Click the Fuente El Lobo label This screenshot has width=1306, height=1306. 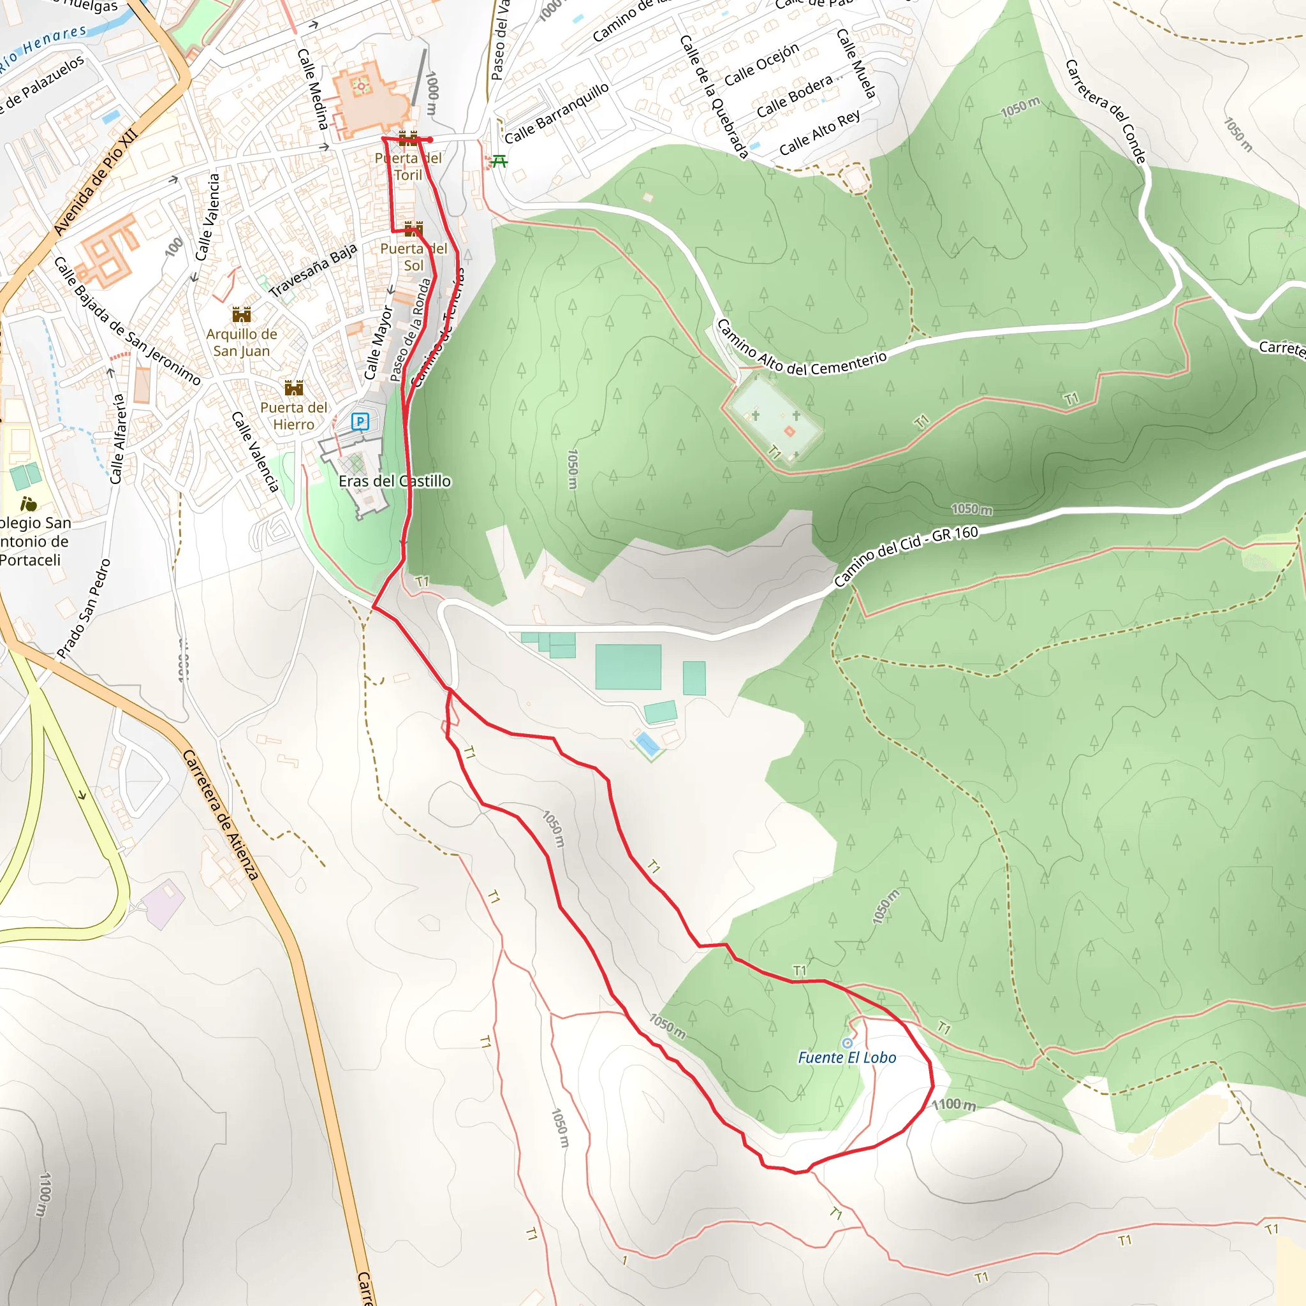click(x=846, y=1057)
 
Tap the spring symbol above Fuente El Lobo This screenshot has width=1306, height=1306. click(x=847, y=1043)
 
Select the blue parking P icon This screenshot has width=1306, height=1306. click(x=360, y=422)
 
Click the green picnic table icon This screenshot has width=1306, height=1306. click(x=499, y=161)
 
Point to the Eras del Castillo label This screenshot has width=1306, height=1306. click(x=394, y=481)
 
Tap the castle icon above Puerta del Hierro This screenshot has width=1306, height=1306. click(x=293, y=388)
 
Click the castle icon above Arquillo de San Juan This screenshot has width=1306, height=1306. click(x=241, y=314)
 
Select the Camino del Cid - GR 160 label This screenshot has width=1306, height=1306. click(x=905, y=555)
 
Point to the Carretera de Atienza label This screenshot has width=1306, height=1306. click(x=221, y=815)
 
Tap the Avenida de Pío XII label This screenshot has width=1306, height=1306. click(x=96, y=181)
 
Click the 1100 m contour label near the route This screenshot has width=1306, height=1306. click(x=954, y=1104)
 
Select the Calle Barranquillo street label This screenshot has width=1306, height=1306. click(x=556, y=114)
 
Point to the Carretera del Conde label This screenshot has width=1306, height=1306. click(x=1105, y=112)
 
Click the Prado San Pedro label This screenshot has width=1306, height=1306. click(x=84, y=608)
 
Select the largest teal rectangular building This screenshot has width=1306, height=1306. click(x=628, y=666)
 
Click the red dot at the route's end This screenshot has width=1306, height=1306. click(x=430, y=140)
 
